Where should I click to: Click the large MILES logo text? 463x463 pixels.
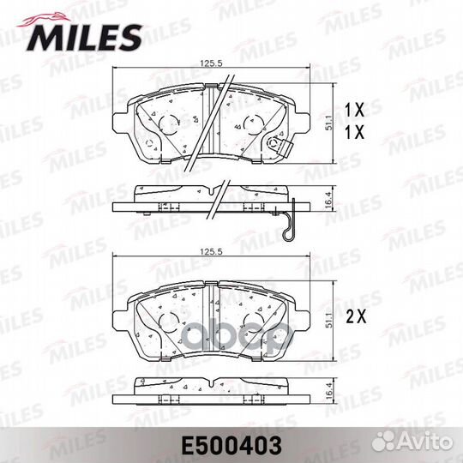86,35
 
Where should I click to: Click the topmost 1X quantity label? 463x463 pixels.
355,109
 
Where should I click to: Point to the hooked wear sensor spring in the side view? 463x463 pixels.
291,220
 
